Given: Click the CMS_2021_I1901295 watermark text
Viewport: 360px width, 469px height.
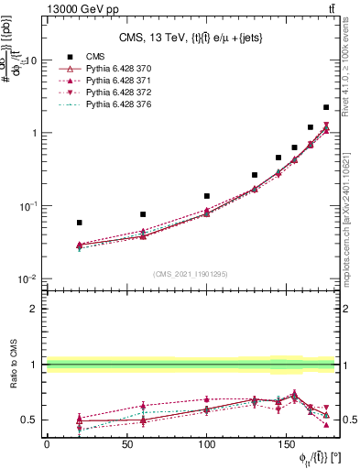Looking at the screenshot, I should point(190,274).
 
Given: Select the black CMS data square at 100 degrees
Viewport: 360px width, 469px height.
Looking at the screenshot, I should point(207,196).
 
